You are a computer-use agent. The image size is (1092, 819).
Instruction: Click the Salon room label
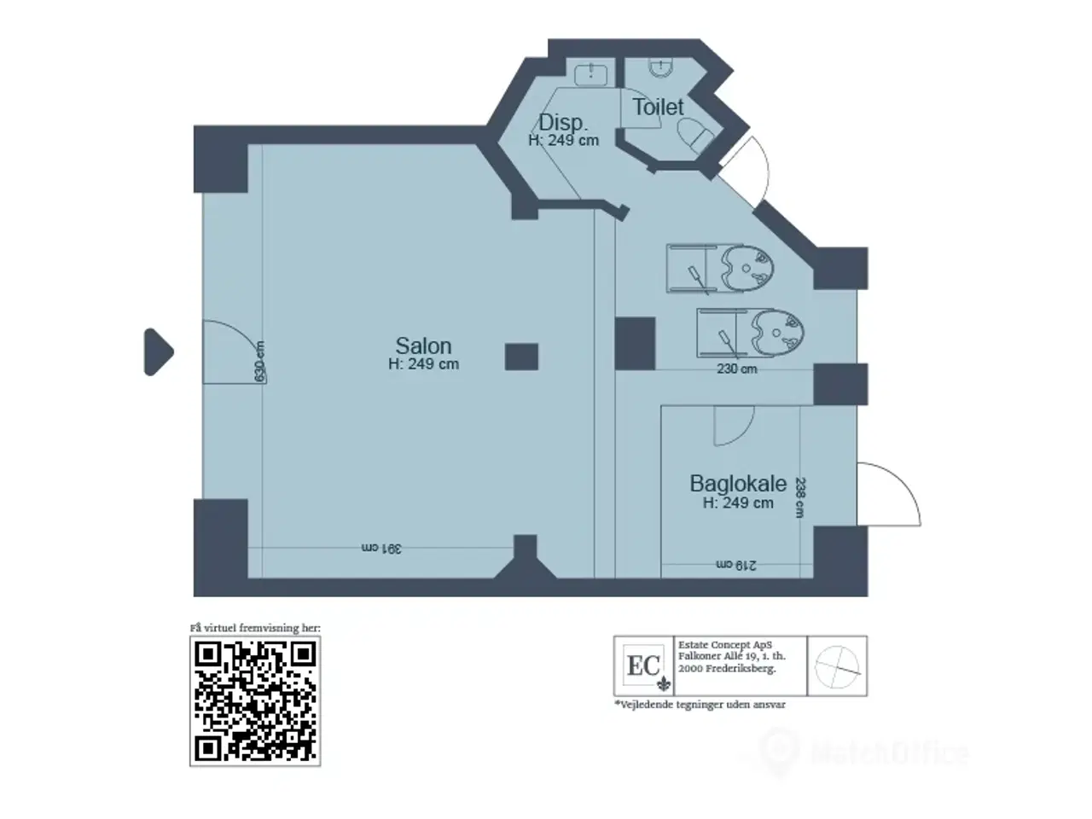click(423, 346)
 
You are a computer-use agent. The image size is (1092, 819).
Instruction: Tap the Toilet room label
click(658, 107)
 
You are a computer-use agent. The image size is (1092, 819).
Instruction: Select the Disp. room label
click(563, 122)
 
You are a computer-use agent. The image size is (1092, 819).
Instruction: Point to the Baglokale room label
click(738, 484)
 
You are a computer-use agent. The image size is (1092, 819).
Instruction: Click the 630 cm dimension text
click(259, 362)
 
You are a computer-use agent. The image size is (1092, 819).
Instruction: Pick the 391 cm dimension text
click(381, 549)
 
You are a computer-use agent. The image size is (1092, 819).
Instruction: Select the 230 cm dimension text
click(737, 369)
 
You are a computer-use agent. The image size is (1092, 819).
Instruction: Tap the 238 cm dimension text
click(800, 497)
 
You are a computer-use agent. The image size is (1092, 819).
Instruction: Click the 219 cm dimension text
click(735, 565)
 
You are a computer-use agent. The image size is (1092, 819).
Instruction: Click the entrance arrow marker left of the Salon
click(159, 352)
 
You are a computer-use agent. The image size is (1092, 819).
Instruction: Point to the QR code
click(255, 701)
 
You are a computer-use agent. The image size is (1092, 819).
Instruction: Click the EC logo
click(644, 665)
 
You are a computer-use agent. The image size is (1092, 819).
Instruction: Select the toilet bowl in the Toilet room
click(696, 135)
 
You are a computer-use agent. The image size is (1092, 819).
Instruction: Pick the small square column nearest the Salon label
click(521, 357)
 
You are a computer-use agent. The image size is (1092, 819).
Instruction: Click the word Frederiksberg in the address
click(741, 669)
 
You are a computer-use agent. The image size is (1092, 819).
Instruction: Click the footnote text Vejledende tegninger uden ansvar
click(700, 705)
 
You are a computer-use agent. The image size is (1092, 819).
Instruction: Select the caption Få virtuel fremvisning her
click(255, 628)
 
